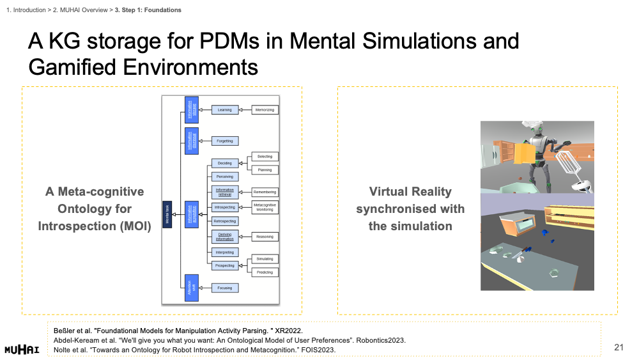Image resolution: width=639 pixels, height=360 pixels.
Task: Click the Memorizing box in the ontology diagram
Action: [265, 110]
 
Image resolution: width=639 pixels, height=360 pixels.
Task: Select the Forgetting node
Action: [224, 141]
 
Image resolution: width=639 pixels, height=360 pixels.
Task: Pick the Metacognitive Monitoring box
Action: [265, 207]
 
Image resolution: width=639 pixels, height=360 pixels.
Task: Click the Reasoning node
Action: [265, 237]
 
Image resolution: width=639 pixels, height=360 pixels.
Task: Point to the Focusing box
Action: [224, 288]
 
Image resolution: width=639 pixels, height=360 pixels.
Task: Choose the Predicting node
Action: [265, 272]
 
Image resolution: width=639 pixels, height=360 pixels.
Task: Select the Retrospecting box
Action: [224, 221]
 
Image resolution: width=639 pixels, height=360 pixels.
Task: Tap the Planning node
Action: [265, 170]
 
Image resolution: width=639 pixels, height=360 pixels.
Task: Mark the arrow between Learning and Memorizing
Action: [245, 110]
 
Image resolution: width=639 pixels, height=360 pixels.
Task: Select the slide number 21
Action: [618, 347]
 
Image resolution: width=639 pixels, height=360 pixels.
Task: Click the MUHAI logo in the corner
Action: [22, 350]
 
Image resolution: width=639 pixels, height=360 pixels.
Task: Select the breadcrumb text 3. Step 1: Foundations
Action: [148, 10]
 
